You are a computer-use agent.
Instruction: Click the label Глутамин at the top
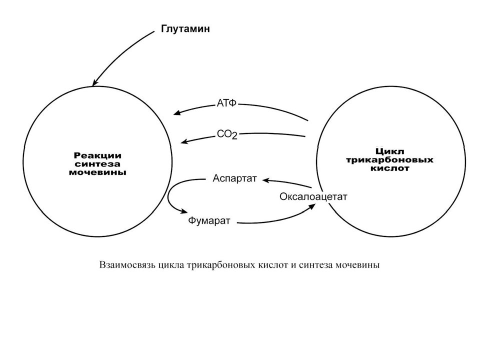point(185,29)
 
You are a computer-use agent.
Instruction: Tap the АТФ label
point(226,103)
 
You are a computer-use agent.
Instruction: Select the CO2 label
point(227,134)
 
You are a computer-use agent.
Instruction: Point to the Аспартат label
point(234,178)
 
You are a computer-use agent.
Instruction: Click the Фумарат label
point(209,220)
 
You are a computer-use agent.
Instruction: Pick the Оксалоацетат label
point(313,196)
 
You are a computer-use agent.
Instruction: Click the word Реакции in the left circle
point(97,155)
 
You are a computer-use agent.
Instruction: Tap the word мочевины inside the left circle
point(97,172)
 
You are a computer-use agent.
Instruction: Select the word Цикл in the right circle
point(389,151)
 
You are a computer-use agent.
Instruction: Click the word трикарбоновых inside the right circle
point(389,160)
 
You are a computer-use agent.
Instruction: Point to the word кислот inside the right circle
point(389,168)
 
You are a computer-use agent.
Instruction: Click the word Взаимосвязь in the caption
point(128,265)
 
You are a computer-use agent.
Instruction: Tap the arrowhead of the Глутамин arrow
point(95,82)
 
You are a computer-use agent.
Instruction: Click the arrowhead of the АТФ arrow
point(177,112)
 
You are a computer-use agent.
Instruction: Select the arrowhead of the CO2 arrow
point(184,141)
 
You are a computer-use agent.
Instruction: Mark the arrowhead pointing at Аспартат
point(265,180)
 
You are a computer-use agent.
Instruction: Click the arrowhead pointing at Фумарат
point(183,211)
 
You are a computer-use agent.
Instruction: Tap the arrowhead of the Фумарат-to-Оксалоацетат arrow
point(311,206)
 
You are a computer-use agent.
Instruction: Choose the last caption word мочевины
point(357,265)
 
